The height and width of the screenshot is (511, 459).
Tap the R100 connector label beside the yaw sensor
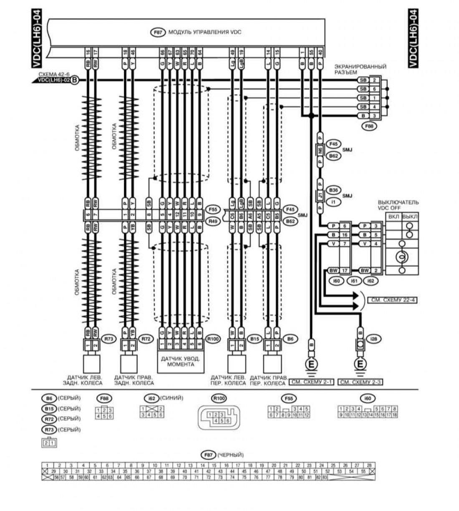pyautogui.click(x=213, y=339)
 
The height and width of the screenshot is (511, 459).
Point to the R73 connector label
pyautogui.click(x=109, y=339)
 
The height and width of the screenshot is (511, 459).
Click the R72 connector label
pyautogui.click(x=146, y=339)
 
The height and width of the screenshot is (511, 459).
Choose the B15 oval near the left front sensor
pyautogui.click(x=255, y=339)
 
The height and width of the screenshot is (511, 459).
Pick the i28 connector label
pyautogui.click(x=374, y=339)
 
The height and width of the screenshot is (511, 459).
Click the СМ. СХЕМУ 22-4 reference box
pyautogui.click(x=392, y=300)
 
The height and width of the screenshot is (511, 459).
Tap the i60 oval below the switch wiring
pyautogui.click(x=336, y=281)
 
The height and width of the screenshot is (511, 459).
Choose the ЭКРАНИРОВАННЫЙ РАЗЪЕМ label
pyautogui.click(x=360, y=69)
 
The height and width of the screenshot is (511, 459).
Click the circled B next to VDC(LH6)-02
pyautogui.click(x=74, y=80)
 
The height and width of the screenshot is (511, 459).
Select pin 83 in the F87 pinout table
pyautogui.click(x=325, y=477)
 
